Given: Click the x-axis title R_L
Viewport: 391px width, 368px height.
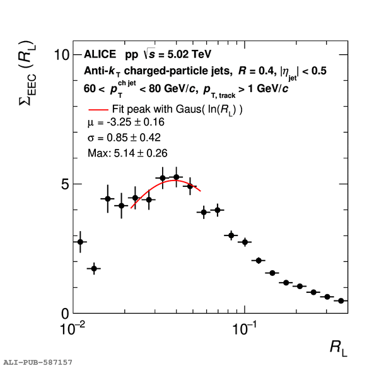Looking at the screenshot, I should click(338, 348).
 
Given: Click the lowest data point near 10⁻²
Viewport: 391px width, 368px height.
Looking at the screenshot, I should click(94, 269).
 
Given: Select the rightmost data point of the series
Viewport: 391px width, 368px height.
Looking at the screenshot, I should click(341, 301).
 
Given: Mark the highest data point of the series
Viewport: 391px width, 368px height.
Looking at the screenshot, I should click(177, 177).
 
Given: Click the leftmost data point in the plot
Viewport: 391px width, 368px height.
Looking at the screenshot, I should click(80, 242).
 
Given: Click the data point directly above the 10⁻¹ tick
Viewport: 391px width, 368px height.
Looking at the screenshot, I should click(245, 242).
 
